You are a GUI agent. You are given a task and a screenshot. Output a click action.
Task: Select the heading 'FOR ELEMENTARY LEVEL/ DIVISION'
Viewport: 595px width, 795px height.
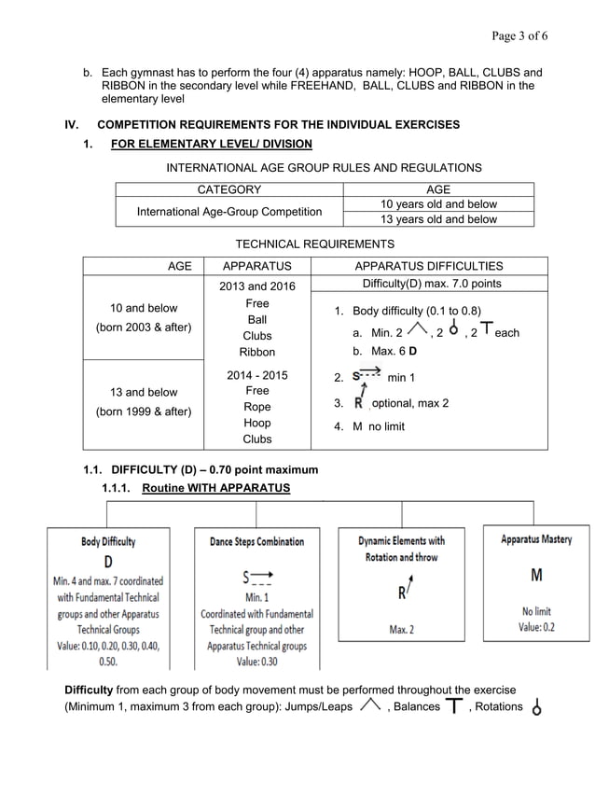point(211,144)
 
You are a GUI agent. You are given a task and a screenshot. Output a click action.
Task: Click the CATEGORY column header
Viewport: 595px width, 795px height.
point(228,189)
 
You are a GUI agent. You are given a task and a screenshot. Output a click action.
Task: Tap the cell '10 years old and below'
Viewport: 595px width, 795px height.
point(438,204)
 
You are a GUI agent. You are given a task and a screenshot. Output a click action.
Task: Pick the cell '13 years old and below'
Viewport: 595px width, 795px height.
point(438,219)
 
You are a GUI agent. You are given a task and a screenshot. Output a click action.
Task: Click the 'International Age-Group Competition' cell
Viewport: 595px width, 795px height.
point(228,212)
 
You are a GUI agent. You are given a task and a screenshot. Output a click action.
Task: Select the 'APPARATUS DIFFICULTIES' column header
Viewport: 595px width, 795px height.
point(428,266)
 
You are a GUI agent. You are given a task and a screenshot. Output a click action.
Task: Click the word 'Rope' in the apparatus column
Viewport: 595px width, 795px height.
point(257,407)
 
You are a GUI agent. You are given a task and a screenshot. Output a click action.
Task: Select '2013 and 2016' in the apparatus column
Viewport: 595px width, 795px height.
point(257,286)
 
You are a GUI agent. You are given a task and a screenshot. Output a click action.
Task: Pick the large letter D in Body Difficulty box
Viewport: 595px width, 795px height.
point(108,561)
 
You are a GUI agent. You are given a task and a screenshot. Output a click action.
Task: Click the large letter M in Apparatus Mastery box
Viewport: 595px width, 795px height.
point(536,573)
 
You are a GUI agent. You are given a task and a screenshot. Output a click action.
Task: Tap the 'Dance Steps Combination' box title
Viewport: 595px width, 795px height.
point(256,541)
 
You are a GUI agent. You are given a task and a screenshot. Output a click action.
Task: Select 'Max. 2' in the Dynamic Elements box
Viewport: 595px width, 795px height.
point(402,629)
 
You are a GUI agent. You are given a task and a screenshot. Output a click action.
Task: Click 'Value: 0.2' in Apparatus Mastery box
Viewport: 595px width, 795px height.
point(536,627)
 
